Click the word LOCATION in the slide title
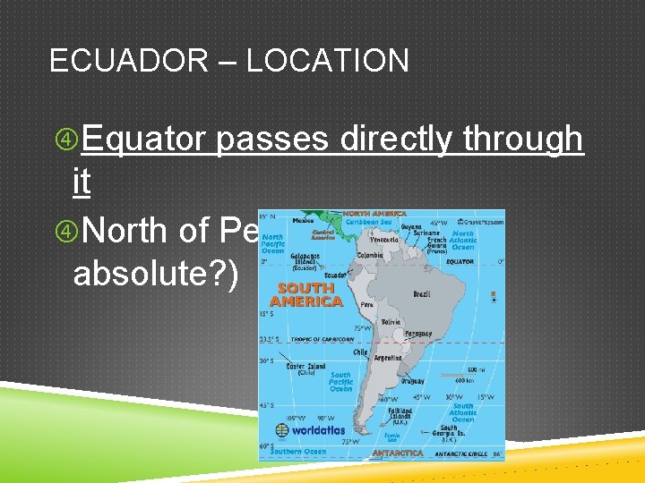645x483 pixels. [327, 61]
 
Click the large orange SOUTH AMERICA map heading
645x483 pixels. [306, 294]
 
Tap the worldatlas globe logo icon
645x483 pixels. [282, 429]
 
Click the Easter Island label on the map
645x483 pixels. [279, 368]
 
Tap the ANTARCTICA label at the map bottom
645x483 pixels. [398, 453]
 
